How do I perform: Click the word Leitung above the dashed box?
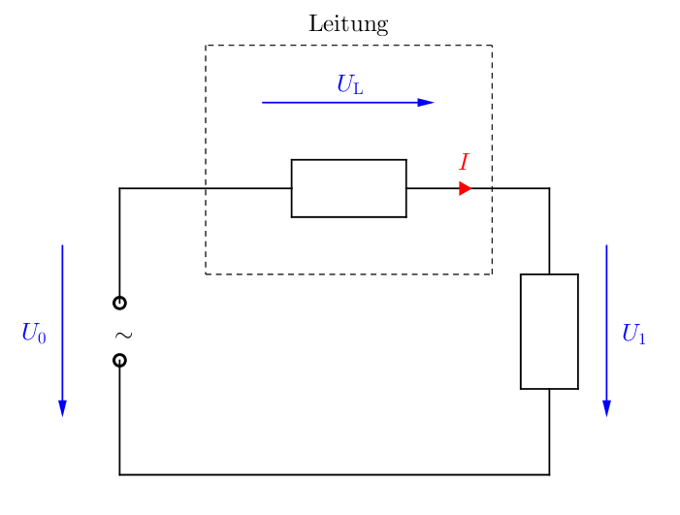348,24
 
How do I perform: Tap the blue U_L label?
350,84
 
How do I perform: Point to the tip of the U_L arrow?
435,102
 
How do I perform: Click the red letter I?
464,162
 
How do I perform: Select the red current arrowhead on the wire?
466,188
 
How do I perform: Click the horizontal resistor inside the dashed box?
348,188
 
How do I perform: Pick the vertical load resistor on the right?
549,331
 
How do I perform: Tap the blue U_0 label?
34,333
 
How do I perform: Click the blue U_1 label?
633,334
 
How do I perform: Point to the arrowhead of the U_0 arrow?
62,408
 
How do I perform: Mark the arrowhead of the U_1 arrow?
606,408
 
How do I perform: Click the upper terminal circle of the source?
119,303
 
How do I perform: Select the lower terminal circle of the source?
119,360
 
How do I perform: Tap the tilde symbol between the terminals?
123,335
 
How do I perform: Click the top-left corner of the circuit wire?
119,188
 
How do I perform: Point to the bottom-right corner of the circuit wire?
549,474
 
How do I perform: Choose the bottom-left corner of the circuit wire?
119,474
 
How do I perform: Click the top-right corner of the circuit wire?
549,188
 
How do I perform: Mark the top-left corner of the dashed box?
206,45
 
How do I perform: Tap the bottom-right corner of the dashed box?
492,274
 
